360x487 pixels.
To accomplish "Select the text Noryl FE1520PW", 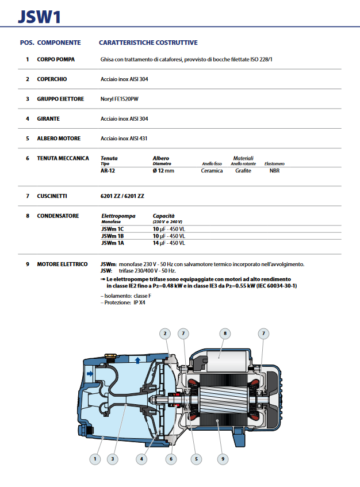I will (x=120, y=99).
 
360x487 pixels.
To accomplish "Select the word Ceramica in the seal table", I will (x=212, y=171).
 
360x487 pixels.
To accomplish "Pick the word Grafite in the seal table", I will (x=243, y=171).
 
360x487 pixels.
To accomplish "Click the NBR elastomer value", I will (x=275, y=171).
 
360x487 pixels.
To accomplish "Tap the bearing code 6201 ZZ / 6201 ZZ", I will (x=122, y=196).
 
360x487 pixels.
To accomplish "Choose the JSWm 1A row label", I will (x=112, y=243).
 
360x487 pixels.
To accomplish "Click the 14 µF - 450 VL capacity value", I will (x=168, y=243).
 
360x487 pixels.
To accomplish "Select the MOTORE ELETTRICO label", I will (x=62, y=264).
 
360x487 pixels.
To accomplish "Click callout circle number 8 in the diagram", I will (x=224, y=333).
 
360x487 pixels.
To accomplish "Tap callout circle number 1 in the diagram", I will (x=95, y=459).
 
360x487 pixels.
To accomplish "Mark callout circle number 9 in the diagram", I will (x=223, y=459).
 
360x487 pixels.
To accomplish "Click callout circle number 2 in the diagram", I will (x=165, y=333).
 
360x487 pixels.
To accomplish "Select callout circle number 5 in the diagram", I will (x=196, y=459).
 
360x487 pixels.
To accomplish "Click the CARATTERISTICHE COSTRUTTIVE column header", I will (x=148, y=43).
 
